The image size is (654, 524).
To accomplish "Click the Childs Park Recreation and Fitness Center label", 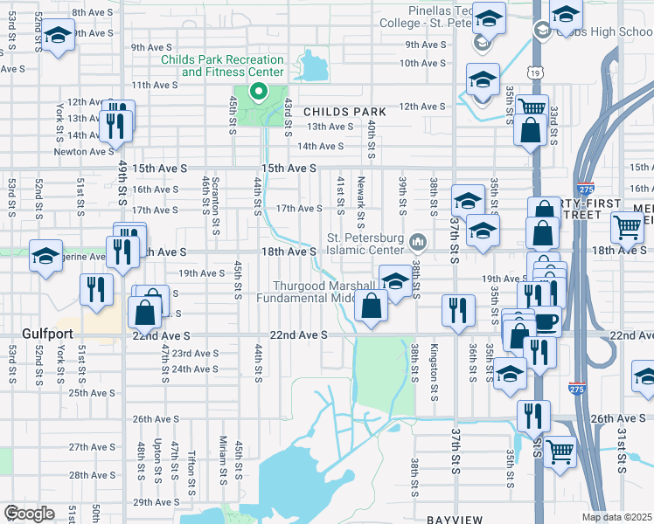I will click(x=222, y=65).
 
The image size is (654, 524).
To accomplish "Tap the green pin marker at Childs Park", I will click(x=258, y=91).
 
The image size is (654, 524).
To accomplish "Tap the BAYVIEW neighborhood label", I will click(x=456, y=520).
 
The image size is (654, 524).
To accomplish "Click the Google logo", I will click(x=29, y=514).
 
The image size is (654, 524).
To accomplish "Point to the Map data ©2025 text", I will click(x=617, y=517).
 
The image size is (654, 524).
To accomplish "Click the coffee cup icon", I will click(x=547, y=321).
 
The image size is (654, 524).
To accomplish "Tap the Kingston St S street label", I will click(x=434, y=367).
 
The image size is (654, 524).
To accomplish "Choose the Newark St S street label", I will click(x=360, y=195).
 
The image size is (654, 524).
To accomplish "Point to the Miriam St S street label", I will click(x=224, y=459).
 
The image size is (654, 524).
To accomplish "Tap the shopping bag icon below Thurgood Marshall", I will click(x=372, y=306).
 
